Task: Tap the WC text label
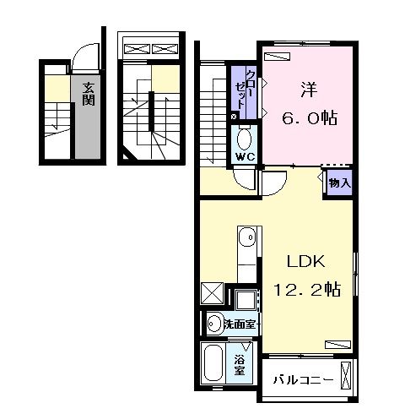[x=245, y=156]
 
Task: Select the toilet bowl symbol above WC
[x=245, y=139]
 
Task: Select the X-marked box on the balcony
[x=347, y=374]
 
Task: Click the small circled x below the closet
[x=234, y=116]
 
